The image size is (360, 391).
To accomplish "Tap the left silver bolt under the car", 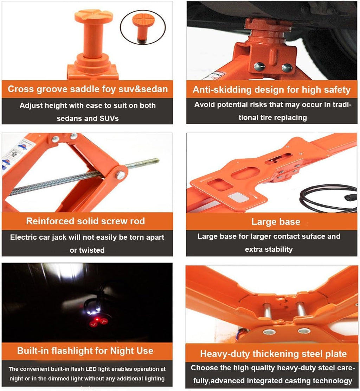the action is click(x=259, y=66).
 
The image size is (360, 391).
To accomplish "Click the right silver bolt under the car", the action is click(x=287, y=67).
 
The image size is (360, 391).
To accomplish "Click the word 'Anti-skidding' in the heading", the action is click(x=222, y=89).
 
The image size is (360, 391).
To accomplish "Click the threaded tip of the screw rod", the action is click(x=154, y=161).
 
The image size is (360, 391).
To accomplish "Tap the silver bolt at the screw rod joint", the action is click(x=120, y=175).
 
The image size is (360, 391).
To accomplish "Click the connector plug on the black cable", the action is click(x=348, y=197).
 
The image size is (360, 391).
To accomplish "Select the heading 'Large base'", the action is click(x=276, y=222).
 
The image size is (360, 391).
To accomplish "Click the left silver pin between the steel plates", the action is click(x=267, y=310).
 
